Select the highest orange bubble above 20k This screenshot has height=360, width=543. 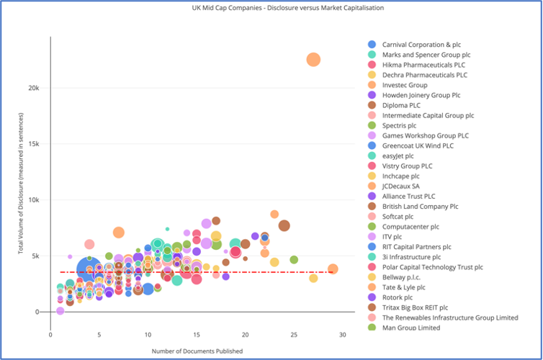click(x=313, y=60)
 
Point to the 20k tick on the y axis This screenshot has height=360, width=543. click(x=40, y=88)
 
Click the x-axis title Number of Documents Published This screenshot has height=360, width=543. click(x=197, y=351)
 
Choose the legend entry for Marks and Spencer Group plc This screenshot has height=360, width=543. click(x=426, y=54)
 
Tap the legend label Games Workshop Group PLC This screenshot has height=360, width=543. click(x=425, y=135)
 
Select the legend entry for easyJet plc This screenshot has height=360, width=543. click(x=398, y=156)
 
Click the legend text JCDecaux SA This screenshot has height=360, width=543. click(x=402, y=186)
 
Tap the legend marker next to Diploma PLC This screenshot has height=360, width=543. click(x=372, y=105)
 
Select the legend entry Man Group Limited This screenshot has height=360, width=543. click(x=411, y=328)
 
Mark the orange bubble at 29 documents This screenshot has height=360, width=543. click(x=333, y=269)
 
